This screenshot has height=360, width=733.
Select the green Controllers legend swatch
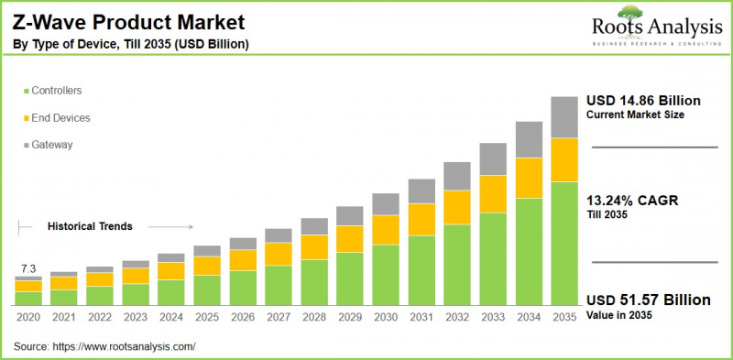coord(24,91)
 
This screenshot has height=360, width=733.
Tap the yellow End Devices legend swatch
coord(24,118)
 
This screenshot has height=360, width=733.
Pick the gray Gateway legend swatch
coord(24,145)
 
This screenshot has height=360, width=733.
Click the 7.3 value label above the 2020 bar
coord(28,268)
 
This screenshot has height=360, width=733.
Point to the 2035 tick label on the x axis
coord(563,316)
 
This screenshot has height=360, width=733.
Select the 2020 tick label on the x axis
coord(28,316)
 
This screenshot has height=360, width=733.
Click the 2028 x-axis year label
coord(314,316)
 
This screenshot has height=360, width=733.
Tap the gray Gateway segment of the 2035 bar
coord(563,116)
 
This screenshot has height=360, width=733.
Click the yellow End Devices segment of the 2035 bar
coord(563,159)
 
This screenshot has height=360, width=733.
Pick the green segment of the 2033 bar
coord(493,258)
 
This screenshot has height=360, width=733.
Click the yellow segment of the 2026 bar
coord(243,259)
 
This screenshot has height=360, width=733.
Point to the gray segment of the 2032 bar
coord(457,175)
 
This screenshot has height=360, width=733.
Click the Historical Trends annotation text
coord(90,225)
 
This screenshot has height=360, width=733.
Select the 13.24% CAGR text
coord(630,201)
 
